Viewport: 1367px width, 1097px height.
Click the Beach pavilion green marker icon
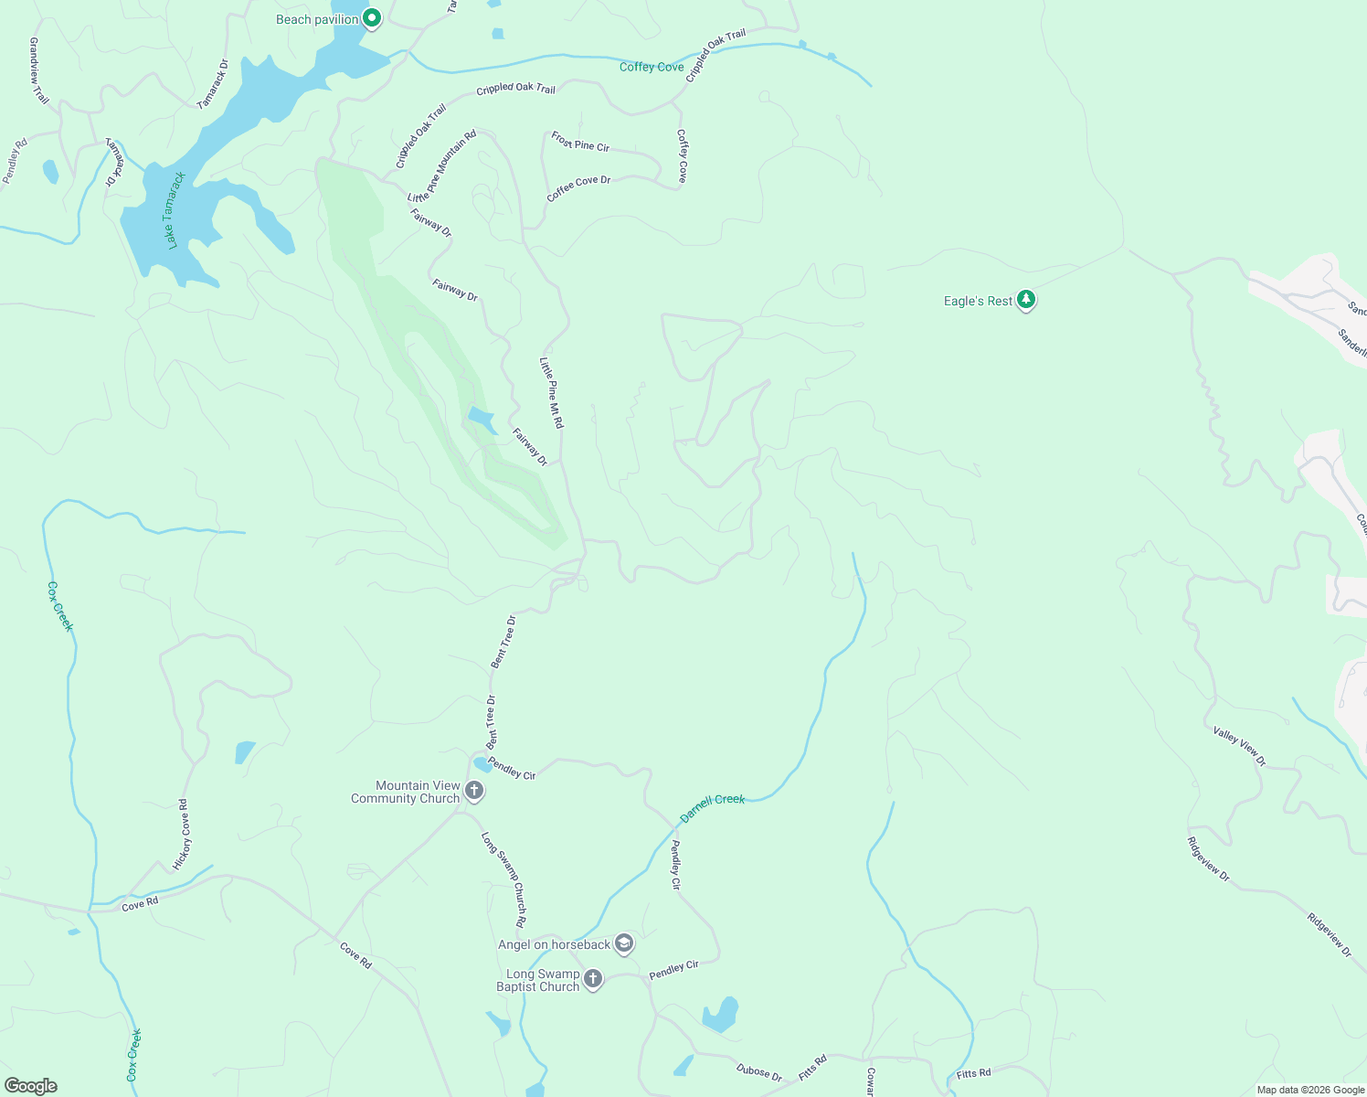coord(371,18)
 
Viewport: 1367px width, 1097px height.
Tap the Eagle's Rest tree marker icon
coord(1026,300)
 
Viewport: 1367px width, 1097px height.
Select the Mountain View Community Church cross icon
coord(473,791)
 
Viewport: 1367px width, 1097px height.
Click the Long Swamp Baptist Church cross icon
coord(593,979)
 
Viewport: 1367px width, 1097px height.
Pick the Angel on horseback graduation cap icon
coord(624,943)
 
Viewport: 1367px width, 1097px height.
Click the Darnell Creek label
coord(713,807)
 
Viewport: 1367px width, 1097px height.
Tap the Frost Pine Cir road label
coord(580,142)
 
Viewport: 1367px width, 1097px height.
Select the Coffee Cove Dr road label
coord(578,188)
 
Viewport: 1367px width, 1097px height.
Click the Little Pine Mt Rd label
coord(551,393)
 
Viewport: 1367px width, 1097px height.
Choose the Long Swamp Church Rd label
coord(504,879)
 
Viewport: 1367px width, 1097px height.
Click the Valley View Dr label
coord(1239,746)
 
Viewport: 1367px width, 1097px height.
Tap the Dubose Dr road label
coord(759,1072)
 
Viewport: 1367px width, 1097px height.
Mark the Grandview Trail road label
coord(38,70)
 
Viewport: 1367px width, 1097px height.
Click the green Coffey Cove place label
coord(652,67)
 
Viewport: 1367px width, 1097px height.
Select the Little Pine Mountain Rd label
coord(442,166)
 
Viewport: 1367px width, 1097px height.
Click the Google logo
coord(31,1086)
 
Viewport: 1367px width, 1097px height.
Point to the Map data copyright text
coord(1310,1090)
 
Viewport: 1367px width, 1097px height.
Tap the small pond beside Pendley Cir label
coord(481,764)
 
